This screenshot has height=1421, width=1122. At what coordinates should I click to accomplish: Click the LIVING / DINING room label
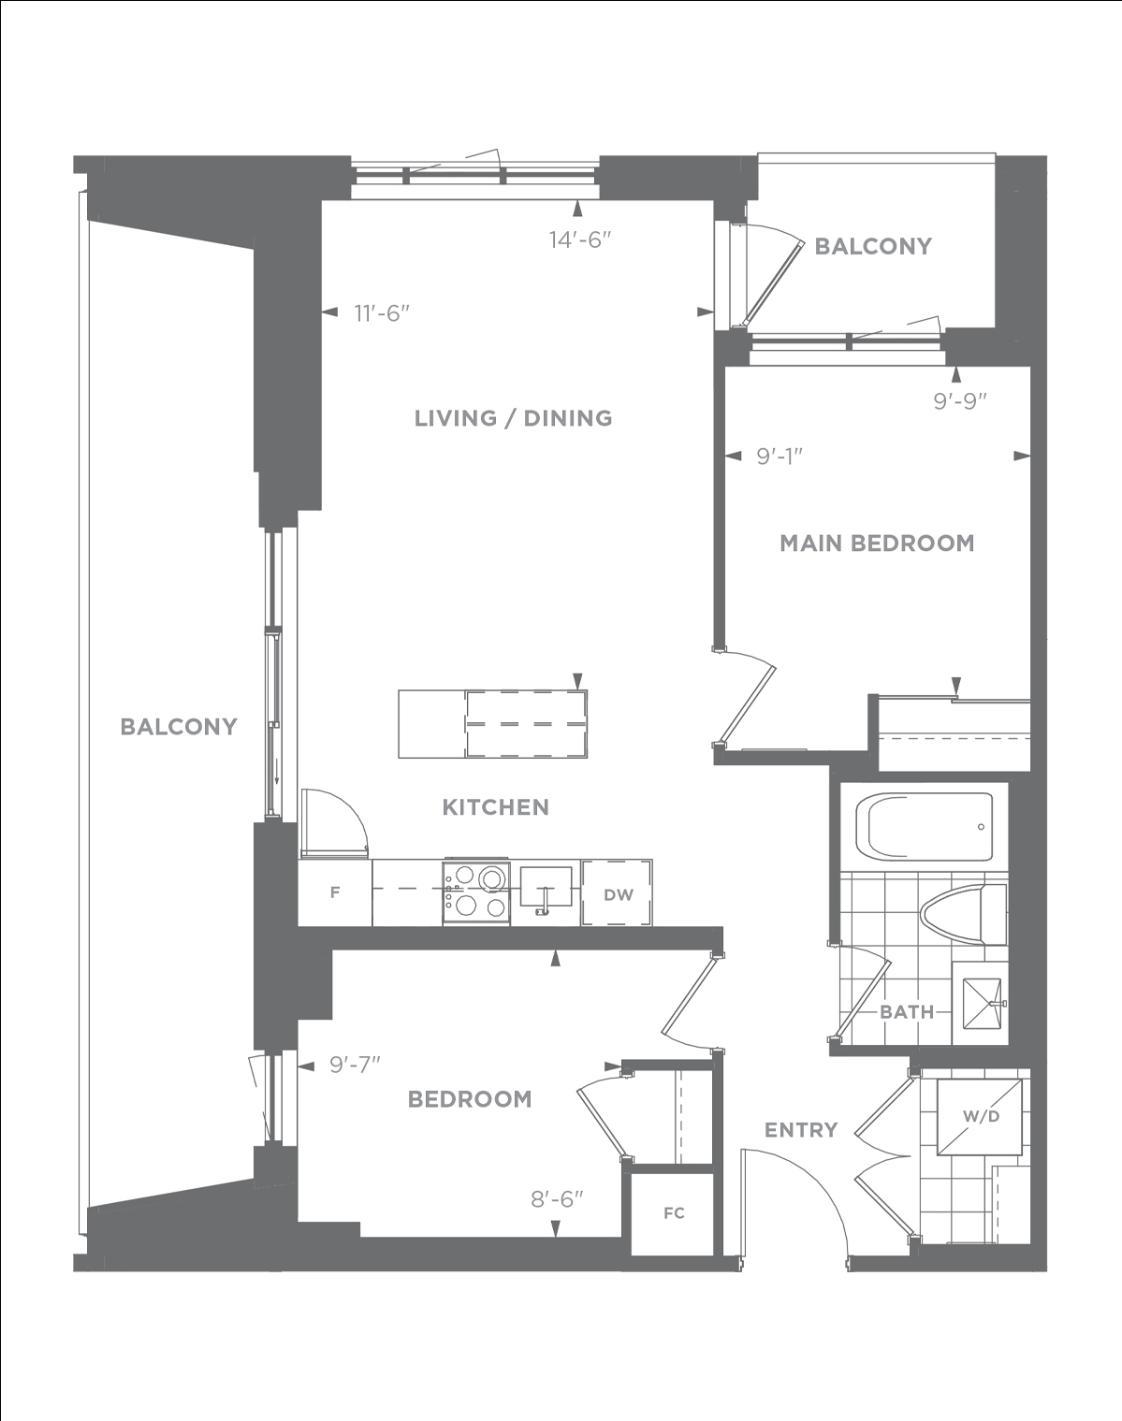coord(514,418)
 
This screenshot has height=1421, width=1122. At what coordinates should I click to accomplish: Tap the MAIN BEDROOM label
coord(877,543)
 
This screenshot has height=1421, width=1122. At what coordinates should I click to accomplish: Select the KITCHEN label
coord(496,807)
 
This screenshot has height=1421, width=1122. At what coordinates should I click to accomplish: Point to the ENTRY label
coord(801,1130)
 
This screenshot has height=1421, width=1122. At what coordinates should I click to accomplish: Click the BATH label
coord(907,1011)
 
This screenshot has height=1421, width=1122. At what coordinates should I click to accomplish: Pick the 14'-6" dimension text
coord(580,239)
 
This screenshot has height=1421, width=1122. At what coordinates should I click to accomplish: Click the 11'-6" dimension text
coord(382,313)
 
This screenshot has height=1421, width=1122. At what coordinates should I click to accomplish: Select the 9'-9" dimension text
coord(960,400)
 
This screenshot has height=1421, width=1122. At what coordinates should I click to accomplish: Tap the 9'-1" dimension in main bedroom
coord(780,456)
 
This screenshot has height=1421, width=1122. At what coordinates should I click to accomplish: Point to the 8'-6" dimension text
coord(558,1199)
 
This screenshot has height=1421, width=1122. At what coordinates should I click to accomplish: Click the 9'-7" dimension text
coord(356,1065)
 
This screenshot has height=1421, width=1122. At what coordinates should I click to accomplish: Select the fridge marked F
coord(335,892)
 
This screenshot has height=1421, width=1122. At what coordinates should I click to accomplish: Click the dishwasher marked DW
coord(618,892)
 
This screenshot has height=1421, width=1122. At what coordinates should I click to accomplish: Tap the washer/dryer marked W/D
coord(979,1117)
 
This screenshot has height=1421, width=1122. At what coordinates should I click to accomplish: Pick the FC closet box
coord(673,1213)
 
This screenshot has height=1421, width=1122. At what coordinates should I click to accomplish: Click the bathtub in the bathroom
coord(924,827)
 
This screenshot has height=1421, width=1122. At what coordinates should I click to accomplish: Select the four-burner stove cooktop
coord(475,892)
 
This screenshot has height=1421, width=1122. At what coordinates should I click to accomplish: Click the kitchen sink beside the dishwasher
coord(546,888)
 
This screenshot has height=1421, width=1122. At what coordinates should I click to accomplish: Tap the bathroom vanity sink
coord(982,1004)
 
